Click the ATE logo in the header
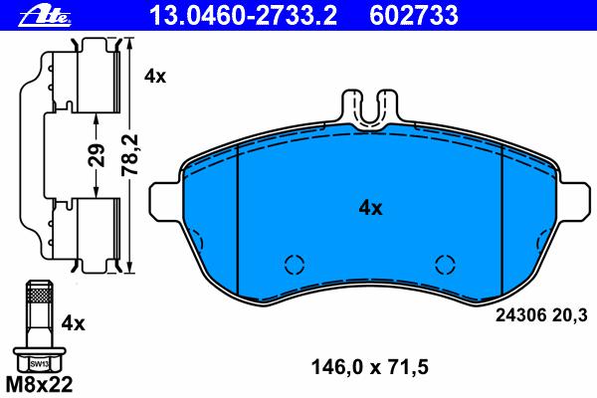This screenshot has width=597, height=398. click(45, 17)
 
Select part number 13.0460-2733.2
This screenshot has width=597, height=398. click(244, 16)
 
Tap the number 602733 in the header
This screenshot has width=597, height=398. click(414, 16)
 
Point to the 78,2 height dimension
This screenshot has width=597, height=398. click(129, 155)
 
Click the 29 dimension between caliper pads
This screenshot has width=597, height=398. click(97, 155)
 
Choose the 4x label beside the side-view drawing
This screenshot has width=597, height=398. click(155, 77)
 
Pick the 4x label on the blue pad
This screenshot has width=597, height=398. click(370, 208)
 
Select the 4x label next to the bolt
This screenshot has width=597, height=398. click(74, 323)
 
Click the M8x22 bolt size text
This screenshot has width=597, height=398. click(40, 384)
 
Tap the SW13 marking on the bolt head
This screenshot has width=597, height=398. click(40, 364)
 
